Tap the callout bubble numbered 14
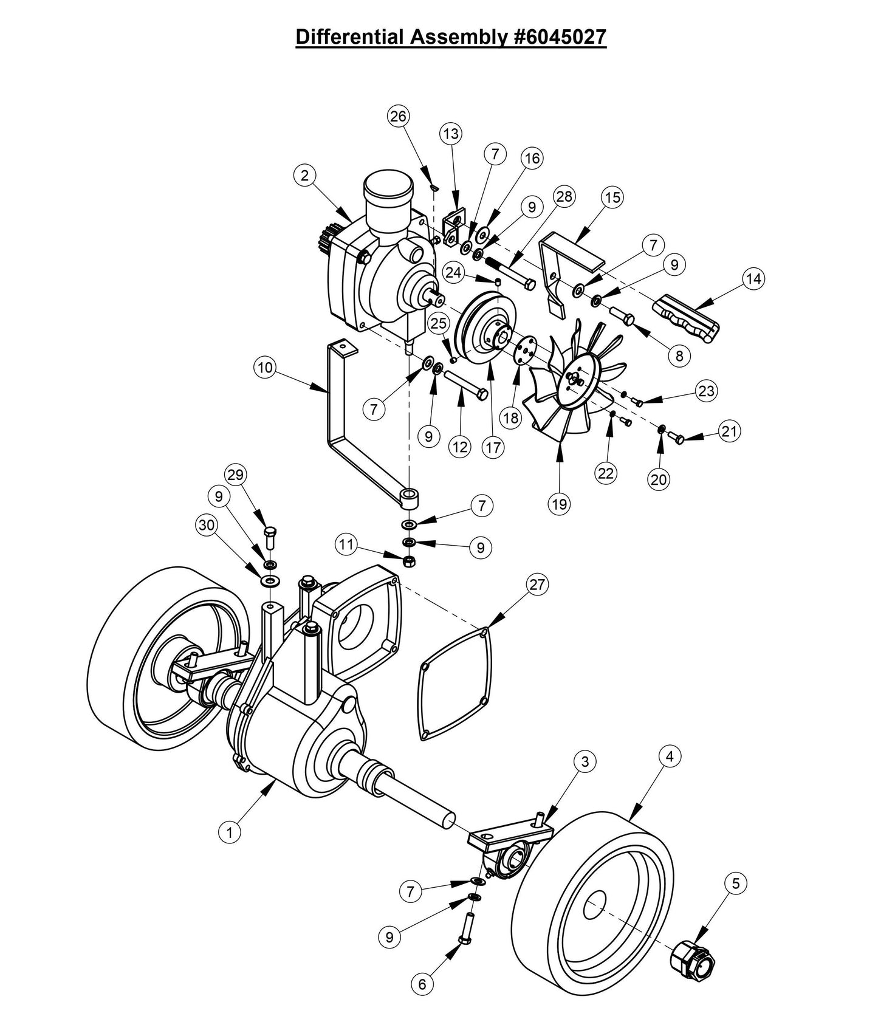pyautogui.click(x=753, y=279)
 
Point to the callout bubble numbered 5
pyautogui.click(x=736, y=883)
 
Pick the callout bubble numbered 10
pyautogui.click(x=266, y=367)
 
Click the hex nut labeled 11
pyautogui.click(x=410, y=560)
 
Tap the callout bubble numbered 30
pyautogui.click(x=207, y=524)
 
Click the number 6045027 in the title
pyautogui.click(x=557, y=37)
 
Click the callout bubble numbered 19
pyautogui.click(x=560, y=504)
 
